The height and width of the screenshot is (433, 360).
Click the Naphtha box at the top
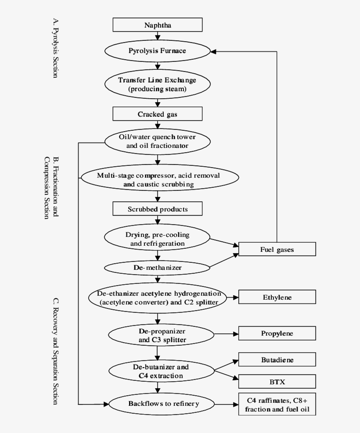pos(158,25)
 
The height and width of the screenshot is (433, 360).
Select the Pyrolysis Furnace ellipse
pos(158,51)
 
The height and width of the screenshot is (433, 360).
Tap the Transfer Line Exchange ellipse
pos(158,85)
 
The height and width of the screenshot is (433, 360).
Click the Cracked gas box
pos(158,115)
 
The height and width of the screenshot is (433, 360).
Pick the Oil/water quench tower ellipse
pos(158,141)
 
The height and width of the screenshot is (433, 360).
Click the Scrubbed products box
pos(158,209)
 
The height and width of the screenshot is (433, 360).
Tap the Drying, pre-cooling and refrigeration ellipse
pos(158,239)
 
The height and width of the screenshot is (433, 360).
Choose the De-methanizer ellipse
pos(158,267)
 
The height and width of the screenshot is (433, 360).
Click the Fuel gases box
pos(277,250)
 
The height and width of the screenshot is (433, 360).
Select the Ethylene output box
pos(277,297)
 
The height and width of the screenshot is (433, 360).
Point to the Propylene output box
pos(277,333)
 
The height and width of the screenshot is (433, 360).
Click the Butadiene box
pos(277,360)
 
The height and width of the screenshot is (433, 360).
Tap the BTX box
pos(277,382)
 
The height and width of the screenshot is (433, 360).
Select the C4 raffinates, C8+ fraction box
pos(277,404)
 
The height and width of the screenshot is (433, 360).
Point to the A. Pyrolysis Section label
pos(55,48)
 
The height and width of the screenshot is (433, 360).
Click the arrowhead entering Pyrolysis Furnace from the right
pos(213,51)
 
